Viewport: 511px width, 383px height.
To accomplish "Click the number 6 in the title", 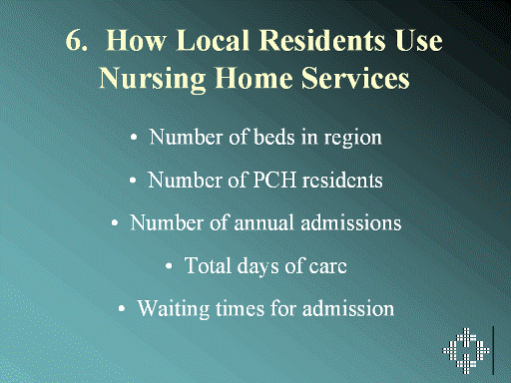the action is point(74,41).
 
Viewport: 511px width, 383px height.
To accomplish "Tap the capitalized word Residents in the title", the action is point(322,41).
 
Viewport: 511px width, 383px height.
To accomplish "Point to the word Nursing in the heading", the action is point(153,79).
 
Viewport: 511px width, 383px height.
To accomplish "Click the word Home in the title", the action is point(254,78).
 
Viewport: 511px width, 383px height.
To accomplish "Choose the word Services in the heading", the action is point(355,78).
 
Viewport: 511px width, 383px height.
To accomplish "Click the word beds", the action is point(274,137).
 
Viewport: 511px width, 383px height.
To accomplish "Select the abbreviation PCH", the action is point(274,181).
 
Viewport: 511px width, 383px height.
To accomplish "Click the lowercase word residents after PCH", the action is point(342,181).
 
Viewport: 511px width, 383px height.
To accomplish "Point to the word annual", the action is point(263,222).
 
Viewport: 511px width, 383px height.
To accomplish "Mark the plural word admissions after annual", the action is point(351,222).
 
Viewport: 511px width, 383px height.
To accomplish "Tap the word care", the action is point(328,267).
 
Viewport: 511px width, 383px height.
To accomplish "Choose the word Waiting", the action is point(174,309).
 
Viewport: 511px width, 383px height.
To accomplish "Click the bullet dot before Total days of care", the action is point(169,266).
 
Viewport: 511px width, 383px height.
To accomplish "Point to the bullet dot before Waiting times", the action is point(122,309).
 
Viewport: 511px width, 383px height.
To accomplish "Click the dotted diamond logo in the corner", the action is point(466,351).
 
